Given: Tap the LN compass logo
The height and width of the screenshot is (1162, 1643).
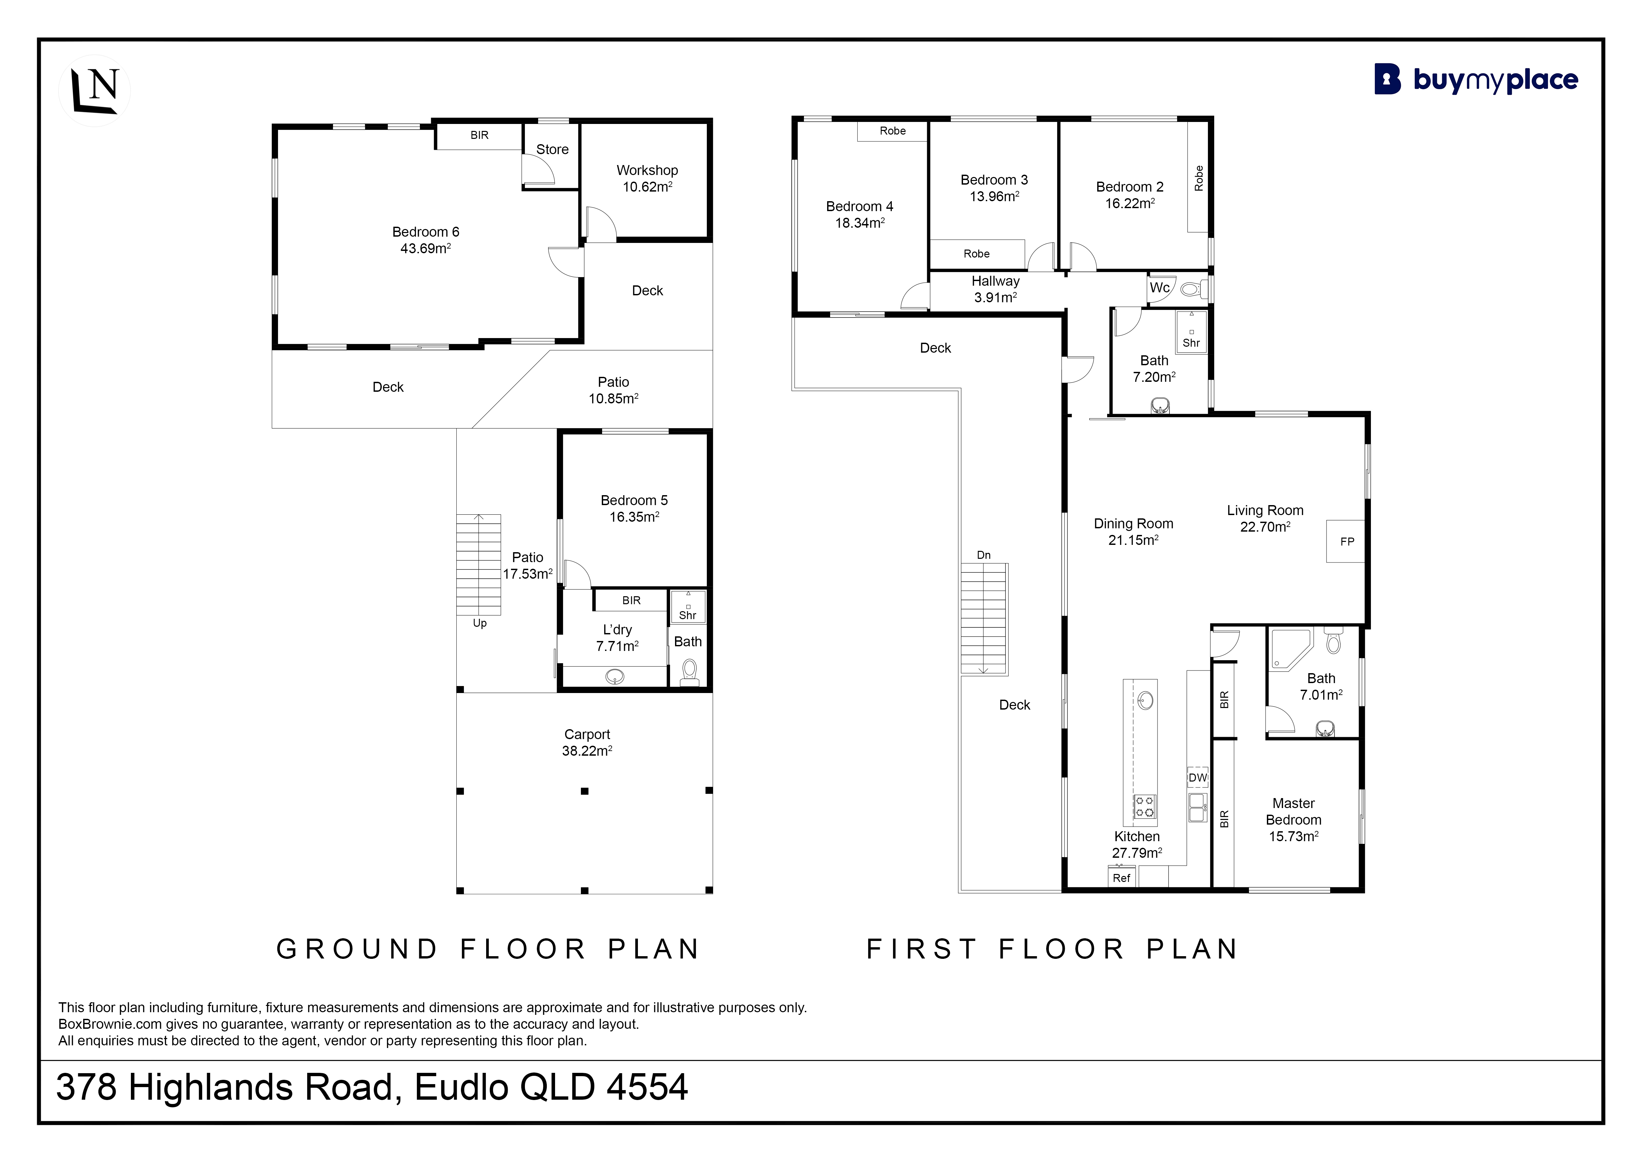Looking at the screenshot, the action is [x=94, y=91].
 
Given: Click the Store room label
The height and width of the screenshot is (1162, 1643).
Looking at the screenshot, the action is [x=552, y=149].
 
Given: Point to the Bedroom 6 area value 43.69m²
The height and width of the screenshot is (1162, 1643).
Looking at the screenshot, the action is [x=426, y=248].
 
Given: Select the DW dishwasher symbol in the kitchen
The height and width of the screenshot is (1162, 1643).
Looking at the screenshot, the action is [x=1197, y=777].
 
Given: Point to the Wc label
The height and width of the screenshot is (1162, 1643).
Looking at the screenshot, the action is [x=1159, y=288].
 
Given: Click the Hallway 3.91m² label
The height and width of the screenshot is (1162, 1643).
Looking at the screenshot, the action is [x=995, y=289].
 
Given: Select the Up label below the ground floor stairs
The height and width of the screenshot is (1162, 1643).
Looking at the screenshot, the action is [x=480, y=623].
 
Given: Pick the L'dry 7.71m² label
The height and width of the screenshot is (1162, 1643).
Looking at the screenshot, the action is [x=617, y=638].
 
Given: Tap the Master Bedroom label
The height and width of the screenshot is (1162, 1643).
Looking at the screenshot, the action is [x=1294, y=811].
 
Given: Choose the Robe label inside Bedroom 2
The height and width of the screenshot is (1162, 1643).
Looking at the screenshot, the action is [x=1199, y=178].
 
